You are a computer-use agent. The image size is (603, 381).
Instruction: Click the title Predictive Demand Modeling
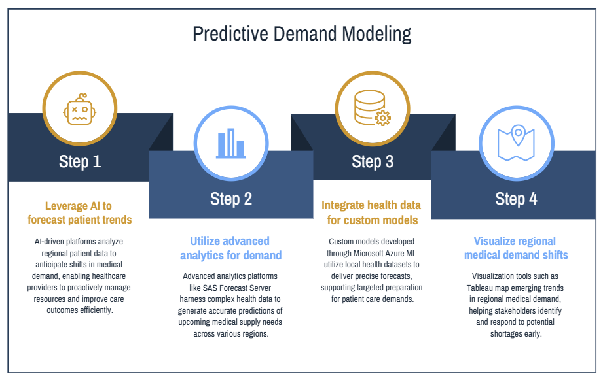click(x=302, y=34)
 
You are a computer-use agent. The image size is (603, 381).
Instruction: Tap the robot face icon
click(x=80, y=109)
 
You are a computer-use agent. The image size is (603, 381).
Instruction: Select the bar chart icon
click(x=231, y=144)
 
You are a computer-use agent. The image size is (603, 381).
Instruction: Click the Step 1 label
click(x=80, y=161)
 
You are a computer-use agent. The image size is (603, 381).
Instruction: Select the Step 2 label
click(x=231, y=199)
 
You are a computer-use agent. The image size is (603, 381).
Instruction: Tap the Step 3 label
click(x=373, y=161)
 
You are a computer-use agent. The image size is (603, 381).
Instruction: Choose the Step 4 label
click(x=516, y=199)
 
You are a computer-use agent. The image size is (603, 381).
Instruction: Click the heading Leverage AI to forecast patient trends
click(x=79, y=212)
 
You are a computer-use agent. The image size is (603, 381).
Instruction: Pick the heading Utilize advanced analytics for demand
click(x=231, y=248)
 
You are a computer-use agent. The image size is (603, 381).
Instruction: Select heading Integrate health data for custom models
click(x=371, y=212)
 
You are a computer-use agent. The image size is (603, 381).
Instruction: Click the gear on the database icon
click(x=383, y=118)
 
